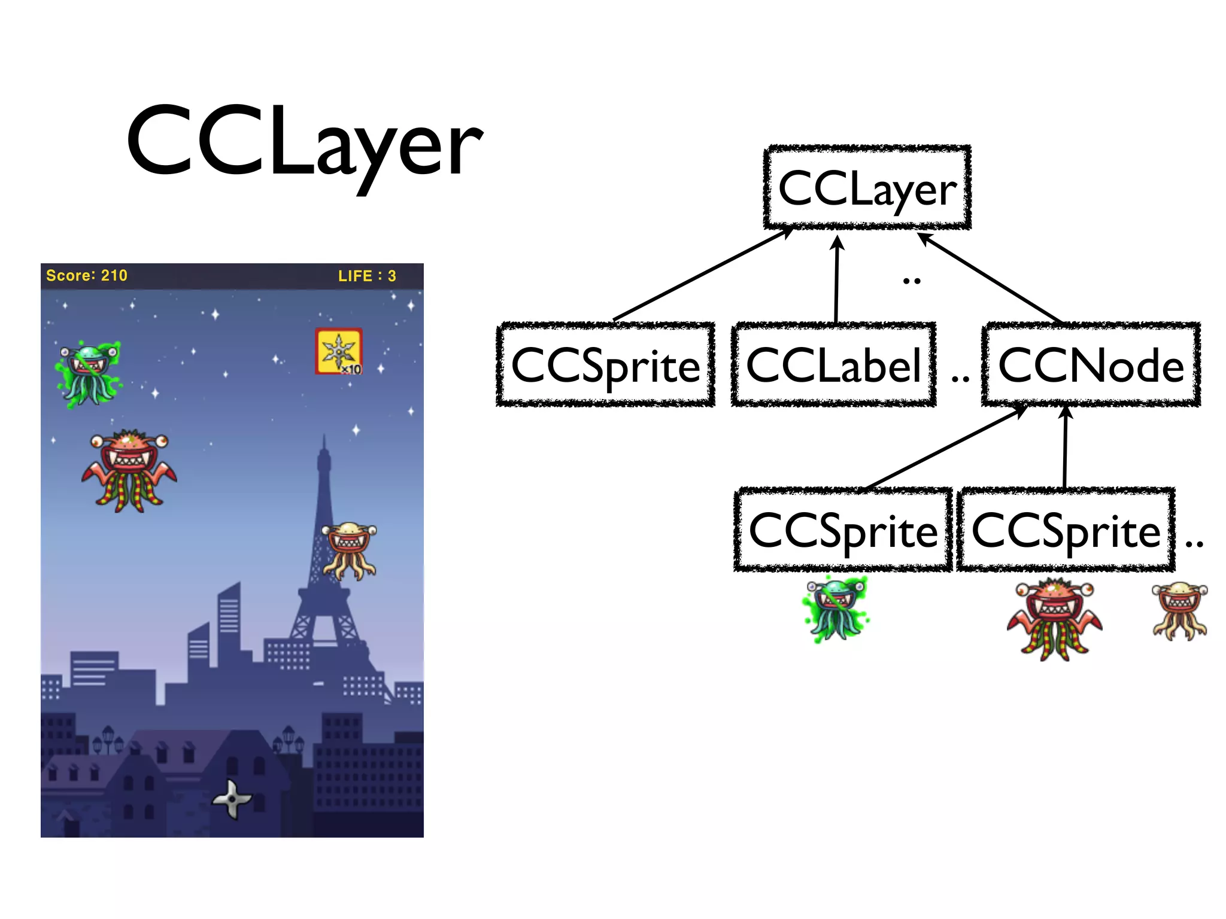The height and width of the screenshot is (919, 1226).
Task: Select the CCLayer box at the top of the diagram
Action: [867, 188]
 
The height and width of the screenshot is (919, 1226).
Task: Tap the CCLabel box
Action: [833, 365]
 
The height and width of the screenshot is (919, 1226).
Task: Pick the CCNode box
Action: [1091, 365]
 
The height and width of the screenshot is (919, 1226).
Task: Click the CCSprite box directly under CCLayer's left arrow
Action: [606, 365]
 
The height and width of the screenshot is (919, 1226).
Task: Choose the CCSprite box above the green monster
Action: [843, 530]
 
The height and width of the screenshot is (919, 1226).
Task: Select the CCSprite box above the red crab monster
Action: [1066, 530]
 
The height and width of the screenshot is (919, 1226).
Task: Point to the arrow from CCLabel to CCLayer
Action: [837, 279]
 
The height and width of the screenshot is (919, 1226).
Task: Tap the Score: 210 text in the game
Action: [87, 276]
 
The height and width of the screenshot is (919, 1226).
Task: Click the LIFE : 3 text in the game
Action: [367, 276]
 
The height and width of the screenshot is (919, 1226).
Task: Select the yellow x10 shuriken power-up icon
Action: [339, 351]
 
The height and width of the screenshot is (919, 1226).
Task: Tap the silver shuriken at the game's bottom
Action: [232, 798]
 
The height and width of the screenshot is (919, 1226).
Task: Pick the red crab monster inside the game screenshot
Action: [129, 470]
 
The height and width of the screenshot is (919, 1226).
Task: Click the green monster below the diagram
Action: [836, 608]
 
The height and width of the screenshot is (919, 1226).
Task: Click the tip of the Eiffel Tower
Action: [324, 437]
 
